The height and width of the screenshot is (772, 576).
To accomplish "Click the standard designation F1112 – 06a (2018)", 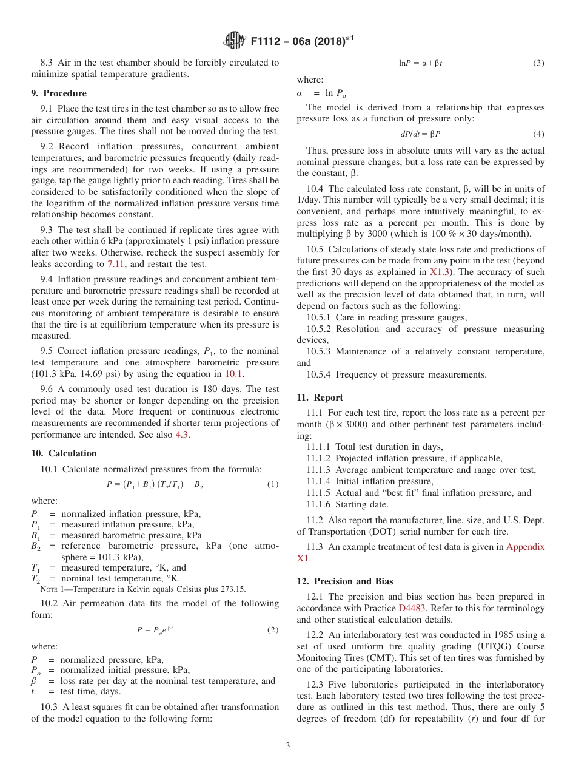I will (x=301, y=41).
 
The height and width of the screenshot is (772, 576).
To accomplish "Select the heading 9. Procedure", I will (x=59, y=93).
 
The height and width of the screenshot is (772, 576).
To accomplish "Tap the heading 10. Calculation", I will (x=64, y=453).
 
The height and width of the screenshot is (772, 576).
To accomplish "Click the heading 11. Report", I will (x=320, y=398).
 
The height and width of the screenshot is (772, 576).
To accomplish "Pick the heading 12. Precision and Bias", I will (x=345, y=581).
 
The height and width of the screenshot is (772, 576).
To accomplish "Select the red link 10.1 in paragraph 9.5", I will (x=233, y=374).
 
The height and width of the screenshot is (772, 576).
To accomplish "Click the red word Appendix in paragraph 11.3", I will (x=525, y=547).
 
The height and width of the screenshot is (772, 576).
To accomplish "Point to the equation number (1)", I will (x=273, y=484).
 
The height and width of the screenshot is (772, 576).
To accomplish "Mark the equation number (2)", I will (x=273, y=630).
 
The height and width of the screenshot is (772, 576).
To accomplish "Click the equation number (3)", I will (x=538, y=63).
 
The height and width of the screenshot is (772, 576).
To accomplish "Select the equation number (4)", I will (x=538, y=134).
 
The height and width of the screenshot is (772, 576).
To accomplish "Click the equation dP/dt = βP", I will (x=421, y=134).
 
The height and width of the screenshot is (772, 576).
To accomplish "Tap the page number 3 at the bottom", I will (x=288, y=745).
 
